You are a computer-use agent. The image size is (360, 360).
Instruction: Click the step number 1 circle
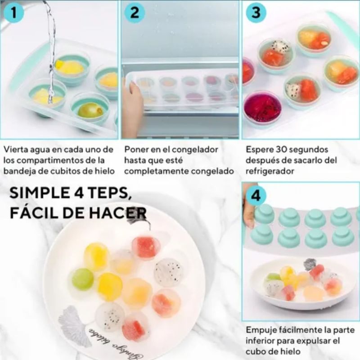(x=14, y=13)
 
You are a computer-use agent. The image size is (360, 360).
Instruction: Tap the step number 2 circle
(x=135, y=13)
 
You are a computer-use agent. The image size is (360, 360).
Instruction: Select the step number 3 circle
(x=256, y=13)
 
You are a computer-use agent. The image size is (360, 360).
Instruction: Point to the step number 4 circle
(x=256, y=196)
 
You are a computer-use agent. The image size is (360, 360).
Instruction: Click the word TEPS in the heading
(x=108, y=193)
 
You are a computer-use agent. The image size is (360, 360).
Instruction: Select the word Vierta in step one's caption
(x=14, y=149)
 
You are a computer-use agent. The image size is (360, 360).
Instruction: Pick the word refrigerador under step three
(x=270, y=171)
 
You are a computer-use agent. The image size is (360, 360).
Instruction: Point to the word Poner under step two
(x=134, y=149)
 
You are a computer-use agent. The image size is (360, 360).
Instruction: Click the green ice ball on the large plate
(x=83, y=279)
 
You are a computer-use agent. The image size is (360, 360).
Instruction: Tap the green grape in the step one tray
(x=90, y=110)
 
